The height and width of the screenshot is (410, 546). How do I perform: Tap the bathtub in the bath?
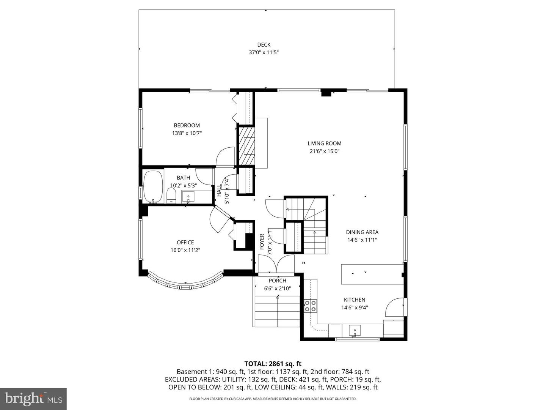pyautogui.click(x=153, y=186)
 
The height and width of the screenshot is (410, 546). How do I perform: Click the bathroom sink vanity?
pyautogui.click(x=188, y=197)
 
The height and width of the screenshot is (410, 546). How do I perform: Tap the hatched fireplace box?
pyautogui.click(x=246, y=145)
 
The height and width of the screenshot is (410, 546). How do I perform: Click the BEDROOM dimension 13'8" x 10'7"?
pyautogui.click(x=187, y=133)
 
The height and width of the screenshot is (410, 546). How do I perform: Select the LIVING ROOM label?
pyautogui.click(x=324, y=143)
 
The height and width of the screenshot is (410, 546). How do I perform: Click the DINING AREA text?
pyautogui.click(x=362, y=232)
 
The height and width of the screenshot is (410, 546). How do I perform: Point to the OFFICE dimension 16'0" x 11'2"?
pyautogui.click(x=185, y=250)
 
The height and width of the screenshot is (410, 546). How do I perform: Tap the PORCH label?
pyautogui.click(x=277, y=281)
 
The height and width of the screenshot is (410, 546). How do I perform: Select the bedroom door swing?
pyautogui.click(x=226, y=157)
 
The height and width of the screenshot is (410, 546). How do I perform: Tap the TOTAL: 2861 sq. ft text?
pyautogui.click(x=273, y=364)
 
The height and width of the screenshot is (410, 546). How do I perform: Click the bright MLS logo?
pyautogui.click(x=33, y=399)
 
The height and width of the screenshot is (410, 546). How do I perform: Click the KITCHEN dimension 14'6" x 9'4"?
pyautogui.click(x=355, y=308)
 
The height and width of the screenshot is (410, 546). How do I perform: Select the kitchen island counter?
pyautogui.click(x=372, y=274)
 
